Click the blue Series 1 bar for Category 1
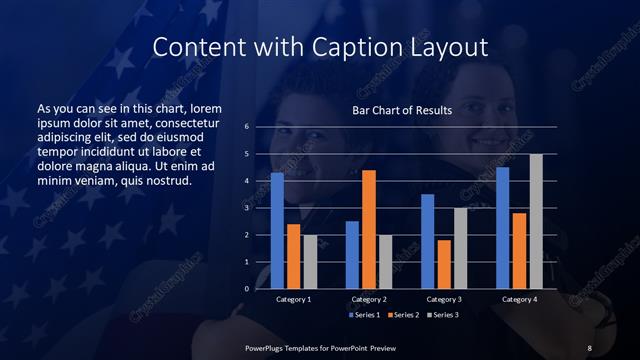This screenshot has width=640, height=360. pyautogui.click(x=277, y=231)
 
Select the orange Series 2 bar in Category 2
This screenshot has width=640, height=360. pyautogui.click(x=369, y=229)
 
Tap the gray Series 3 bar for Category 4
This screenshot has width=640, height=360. pyautogui.click(x=536, y=221)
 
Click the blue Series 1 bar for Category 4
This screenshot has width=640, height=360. pyautogui.click(x=503, y=228)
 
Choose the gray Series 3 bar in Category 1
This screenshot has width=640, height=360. pyautogui.click(x=310, y=262)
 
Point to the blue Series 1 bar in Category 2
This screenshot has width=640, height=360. pyautogui.click(x=352, y=255)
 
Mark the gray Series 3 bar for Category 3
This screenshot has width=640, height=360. pyautogui.click(x=461, y=248)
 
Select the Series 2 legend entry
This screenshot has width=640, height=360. pyautogui.click(x=401, y=315)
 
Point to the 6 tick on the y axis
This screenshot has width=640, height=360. pyautogui.click(x=247, y=127)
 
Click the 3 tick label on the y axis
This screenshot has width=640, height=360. pyautogui.click(x=247, y=208)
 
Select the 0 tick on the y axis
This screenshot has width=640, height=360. pyautogui.click(x=247, y=289)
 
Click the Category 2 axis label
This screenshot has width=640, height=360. pyautogui.click(x=369, y=299)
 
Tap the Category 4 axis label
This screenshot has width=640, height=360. pyautogui.click(x=519, y=299)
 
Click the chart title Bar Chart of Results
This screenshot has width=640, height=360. pyautogui.click(x=402, y=110)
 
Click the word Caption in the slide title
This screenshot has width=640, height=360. pyautogui.click(x=372, y=47)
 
